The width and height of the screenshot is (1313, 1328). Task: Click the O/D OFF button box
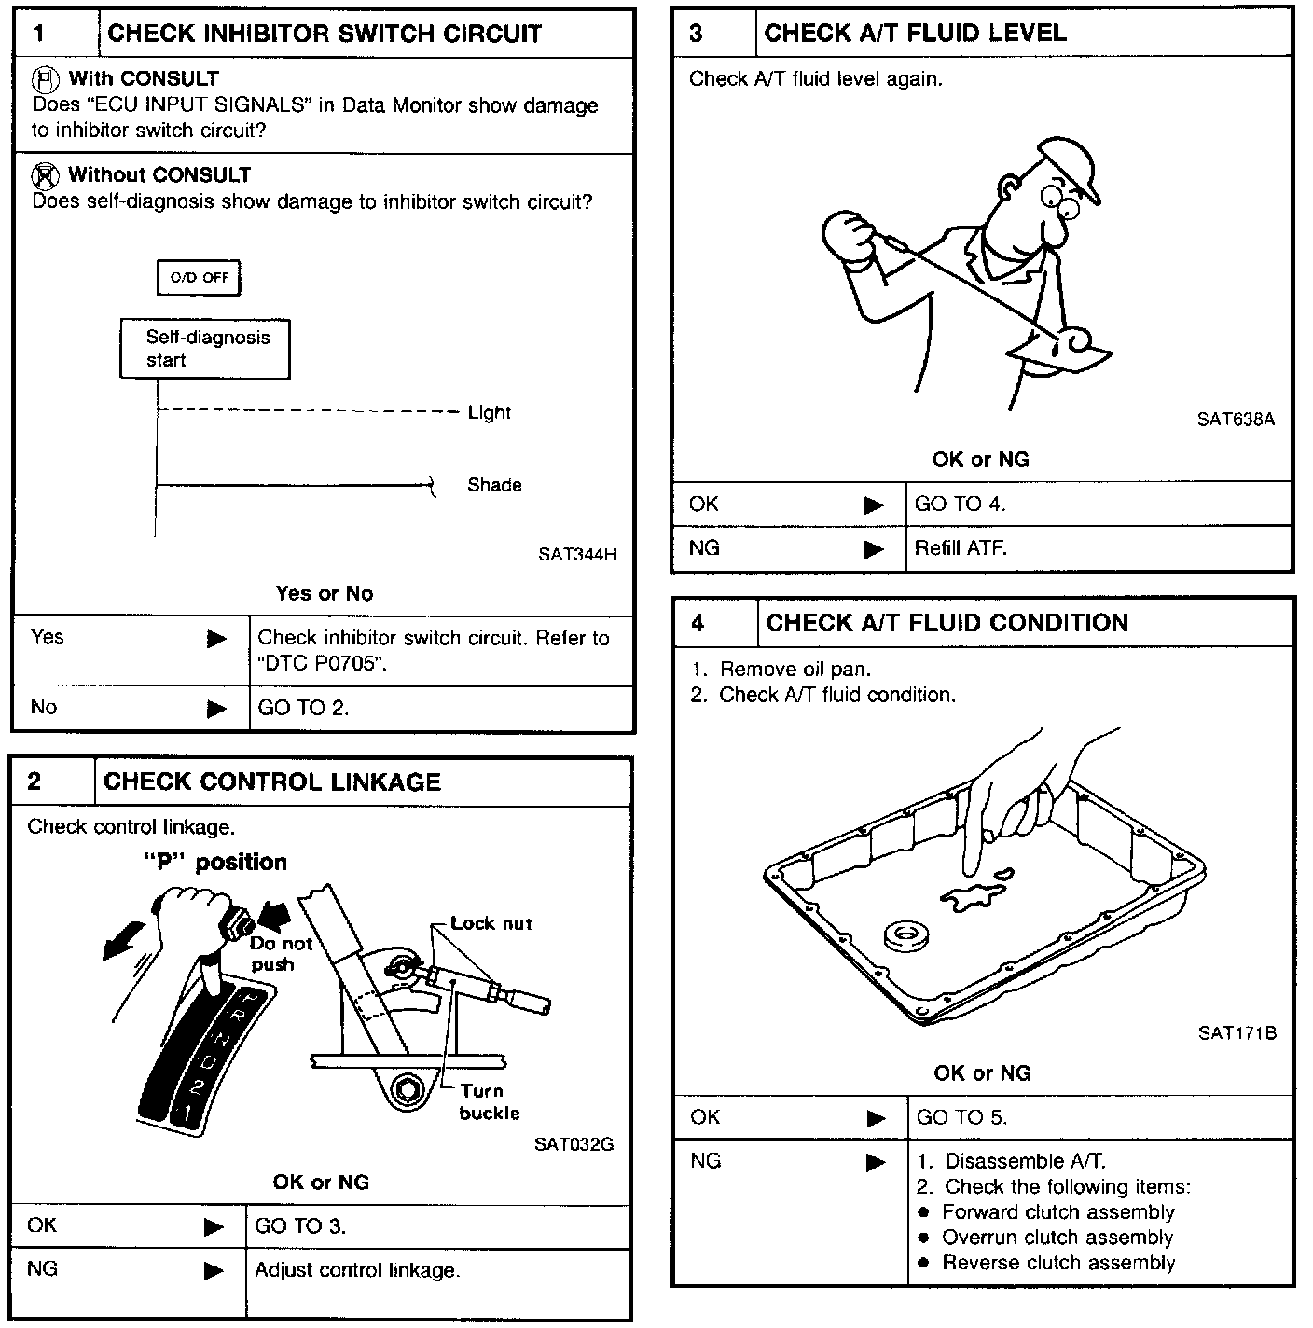199,278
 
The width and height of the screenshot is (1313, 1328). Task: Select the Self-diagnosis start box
205,349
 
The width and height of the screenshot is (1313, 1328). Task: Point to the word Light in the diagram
489,412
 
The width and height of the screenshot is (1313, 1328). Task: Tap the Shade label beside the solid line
494,485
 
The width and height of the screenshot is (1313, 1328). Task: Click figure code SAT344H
577,554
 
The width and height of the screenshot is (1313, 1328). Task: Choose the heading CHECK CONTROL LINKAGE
272,782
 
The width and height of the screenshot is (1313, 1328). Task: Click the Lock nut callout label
491,923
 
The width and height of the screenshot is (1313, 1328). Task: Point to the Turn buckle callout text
489,1101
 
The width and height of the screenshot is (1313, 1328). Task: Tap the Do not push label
280,953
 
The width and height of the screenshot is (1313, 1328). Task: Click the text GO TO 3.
300,1225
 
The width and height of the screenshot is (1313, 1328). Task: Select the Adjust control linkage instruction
357,1270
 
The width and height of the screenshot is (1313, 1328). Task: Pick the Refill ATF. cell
961,548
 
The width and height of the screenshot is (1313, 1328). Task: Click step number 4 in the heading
698,623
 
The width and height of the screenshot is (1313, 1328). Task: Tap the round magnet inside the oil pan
904,935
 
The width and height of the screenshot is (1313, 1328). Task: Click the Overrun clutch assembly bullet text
1057,1238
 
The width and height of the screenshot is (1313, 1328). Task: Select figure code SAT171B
1237,1032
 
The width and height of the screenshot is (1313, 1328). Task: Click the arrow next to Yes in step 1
216,639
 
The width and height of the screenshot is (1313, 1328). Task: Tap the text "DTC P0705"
322,664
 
